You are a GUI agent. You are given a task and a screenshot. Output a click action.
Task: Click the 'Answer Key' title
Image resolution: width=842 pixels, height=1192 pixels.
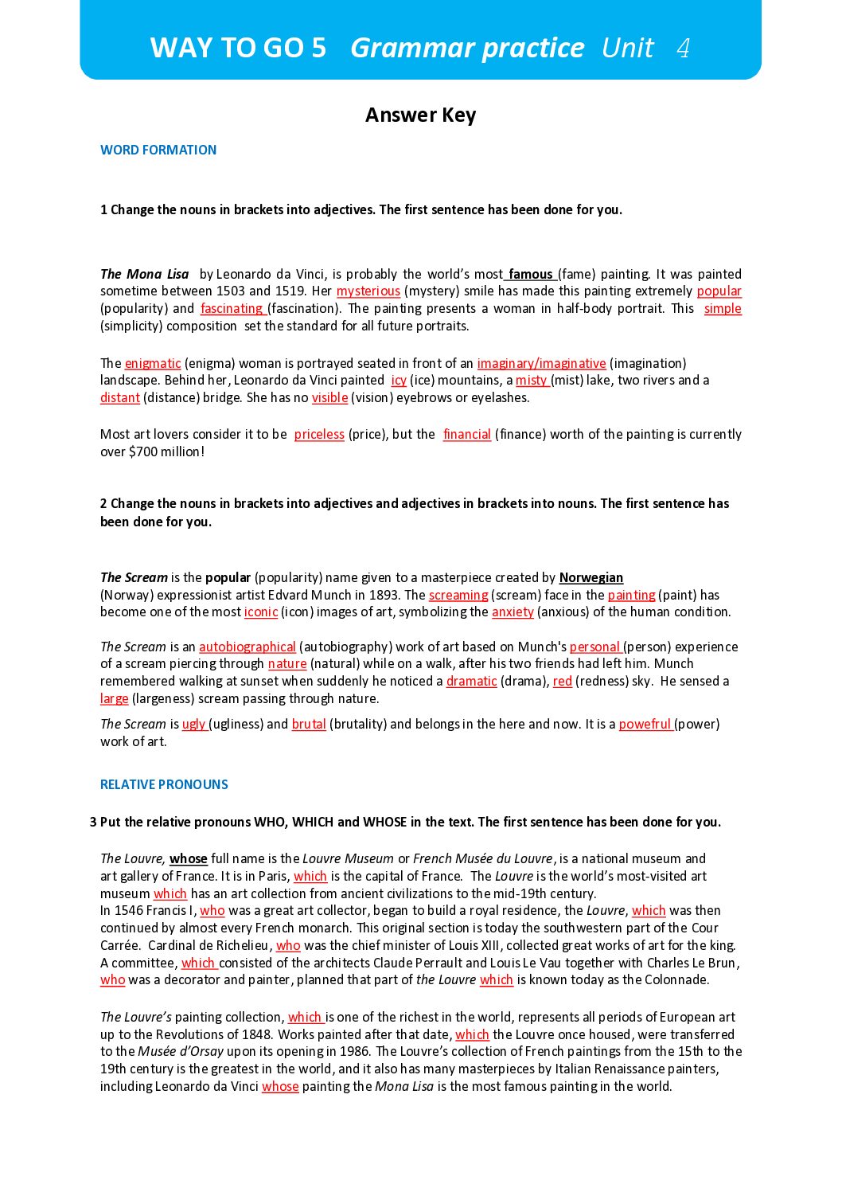click(420, 115)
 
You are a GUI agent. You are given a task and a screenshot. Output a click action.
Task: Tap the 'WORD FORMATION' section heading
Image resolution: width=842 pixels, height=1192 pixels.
click(158, 150)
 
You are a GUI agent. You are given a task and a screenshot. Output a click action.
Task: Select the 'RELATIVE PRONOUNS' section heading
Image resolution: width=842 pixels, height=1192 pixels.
click(164, 784)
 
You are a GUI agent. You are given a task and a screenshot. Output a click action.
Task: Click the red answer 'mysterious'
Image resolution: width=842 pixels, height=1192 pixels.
click(368, 291)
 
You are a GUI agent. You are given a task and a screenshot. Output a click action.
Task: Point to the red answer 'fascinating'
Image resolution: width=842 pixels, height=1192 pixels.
click(232, 309)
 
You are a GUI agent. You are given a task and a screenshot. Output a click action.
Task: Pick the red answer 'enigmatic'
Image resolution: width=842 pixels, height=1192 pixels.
click(153, 364)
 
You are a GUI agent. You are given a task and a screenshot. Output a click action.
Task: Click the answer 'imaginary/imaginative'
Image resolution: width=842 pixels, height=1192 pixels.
click(541, 364)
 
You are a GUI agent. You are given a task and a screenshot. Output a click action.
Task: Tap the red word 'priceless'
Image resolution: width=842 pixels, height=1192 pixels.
click(319, 435)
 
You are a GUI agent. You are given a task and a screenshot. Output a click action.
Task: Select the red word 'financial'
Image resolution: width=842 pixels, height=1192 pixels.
click(467, 435)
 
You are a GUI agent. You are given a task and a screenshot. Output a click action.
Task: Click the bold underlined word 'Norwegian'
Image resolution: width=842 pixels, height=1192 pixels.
click(591, 578)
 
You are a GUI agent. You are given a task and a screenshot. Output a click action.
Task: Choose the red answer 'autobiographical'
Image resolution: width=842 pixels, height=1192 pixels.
click(248, 647)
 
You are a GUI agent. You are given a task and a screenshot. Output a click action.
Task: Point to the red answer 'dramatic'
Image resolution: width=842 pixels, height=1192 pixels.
click(471, 682)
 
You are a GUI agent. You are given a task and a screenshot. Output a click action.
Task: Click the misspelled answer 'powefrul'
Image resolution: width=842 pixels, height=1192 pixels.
click(645, 725)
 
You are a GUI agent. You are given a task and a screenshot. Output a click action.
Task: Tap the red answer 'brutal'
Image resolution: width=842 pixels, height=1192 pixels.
click(309, 725)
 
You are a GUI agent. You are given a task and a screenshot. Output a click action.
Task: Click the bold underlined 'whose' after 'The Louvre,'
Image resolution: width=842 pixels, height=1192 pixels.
click(189, 859)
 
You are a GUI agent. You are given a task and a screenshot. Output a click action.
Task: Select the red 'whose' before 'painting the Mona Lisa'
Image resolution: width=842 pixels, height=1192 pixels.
click(280, 1087)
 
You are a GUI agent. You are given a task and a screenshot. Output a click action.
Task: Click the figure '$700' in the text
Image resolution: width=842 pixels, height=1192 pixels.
click(144, 452)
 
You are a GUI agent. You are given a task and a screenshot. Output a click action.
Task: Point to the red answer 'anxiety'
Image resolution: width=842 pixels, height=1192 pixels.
click(513, 612)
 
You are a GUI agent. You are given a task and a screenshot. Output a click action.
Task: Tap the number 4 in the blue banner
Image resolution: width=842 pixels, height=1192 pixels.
click(683, 49)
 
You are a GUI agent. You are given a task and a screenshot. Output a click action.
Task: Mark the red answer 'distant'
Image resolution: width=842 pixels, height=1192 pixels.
click(120, 398)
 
